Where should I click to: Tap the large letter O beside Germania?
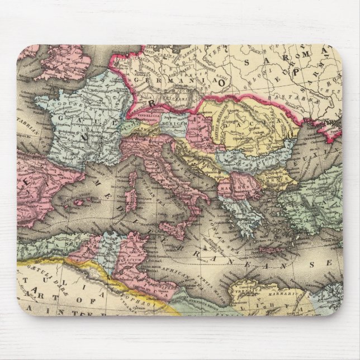[x=222, y=82]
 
